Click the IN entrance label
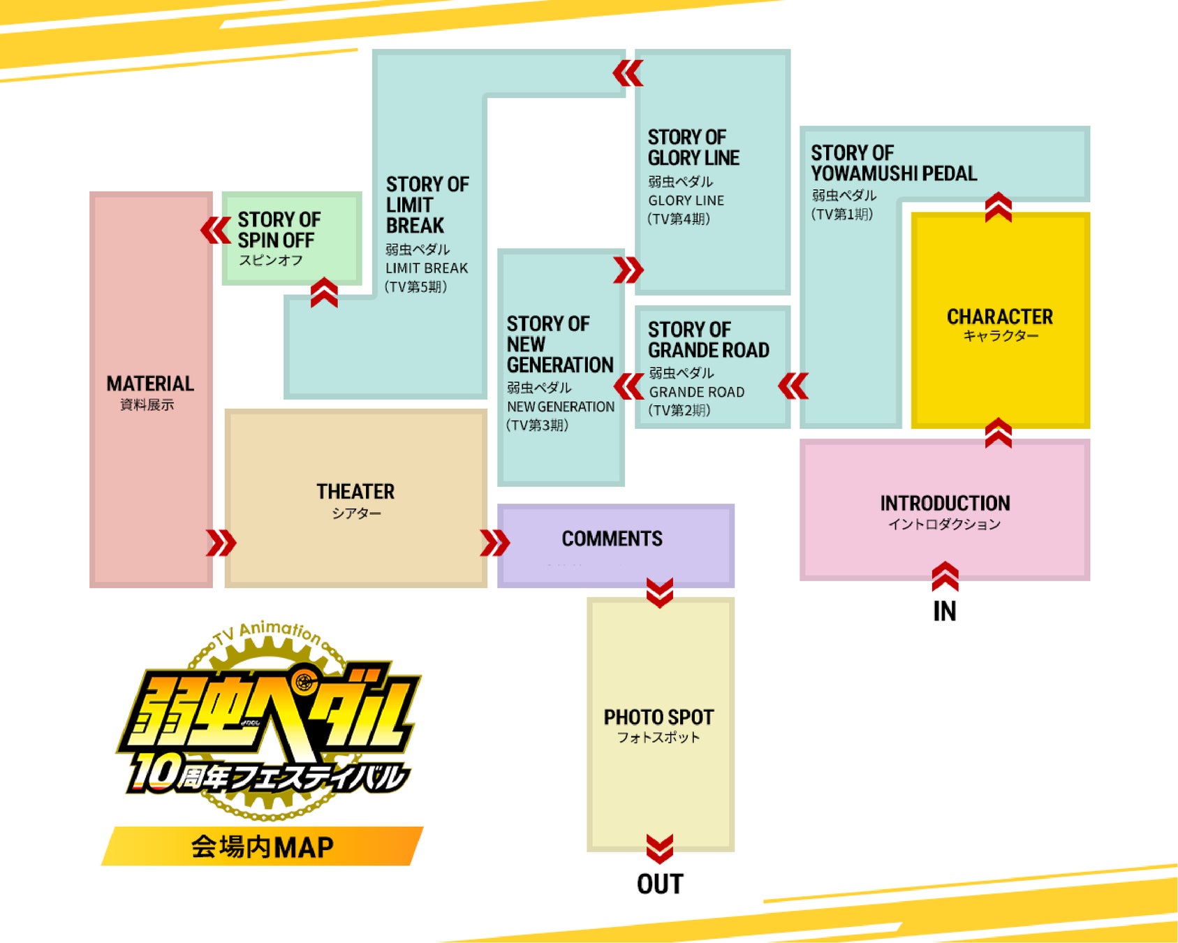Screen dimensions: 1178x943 click(x=944, y=611)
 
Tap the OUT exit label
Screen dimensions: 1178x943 click(x=660, y=884)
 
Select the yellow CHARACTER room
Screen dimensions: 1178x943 click(x=1000, y=321)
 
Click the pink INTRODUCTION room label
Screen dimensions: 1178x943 click(x=945, y=504)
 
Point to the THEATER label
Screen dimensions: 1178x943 click(x=355, y=492)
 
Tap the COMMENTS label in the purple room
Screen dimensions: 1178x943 click(x=612, y=539)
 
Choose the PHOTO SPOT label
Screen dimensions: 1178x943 click(x=658, y=717)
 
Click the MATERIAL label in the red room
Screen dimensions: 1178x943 click(x=150, y=383)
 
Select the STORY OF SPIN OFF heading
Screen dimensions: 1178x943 click(x=279, y=230)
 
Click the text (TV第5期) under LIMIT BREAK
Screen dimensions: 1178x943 click(x=416, y=286)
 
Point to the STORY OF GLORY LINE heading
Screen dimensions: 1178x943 click(x=693, y=147)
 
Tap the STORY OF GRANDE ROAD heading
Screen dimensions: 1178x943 click(x=708, y=339)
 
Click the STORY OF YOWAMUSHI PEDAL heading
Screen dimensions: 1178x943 click(x=893, y=163)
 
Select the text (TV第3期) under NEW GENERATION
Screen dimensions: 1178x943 click(x=538, y=425)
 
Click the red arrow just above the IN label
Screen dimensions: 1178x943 click(x=945, y=576)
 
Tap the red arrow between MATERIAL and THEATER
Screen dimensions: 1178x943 click(x=221, y=543)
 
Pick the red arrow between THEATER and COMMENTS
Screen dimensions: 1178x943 click(x=494, y=543)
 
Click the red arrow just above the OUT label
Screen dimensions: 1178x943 click(x=660, y=848)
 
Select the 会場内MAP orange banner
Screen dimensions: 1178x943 click(x=263, y=847)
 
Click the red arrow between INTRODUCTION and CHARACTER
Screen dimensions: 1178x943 click(x=999, y=433)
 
